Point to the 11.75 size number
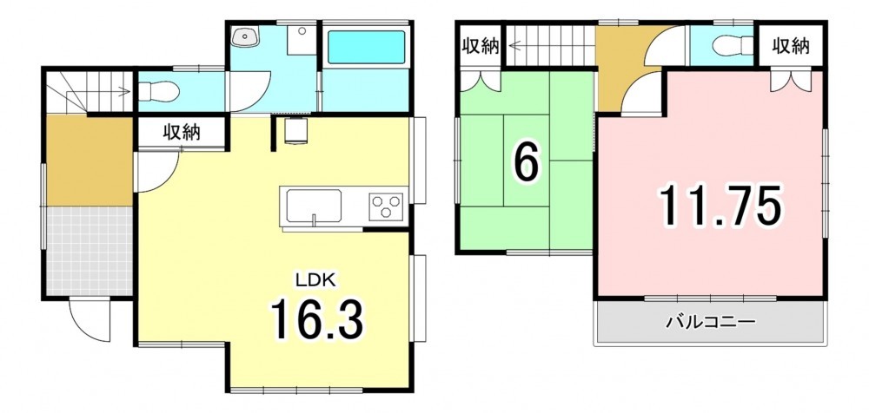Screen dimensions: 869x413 [x=720, y=206]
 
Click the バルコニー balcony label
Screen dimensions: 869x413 [x=711, y=322]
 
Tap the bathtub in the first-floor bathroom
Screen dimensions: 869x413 [x=367, y=47]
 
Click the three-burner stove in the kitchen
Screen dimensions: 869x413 [x=386, y=207]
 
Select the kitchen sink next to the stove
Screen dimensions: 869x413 [x=315, y=206]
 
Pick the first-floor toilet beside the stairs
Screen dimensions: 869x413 [x=158, y=91]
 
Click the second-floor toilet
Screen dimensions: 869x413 [x=733, y=45]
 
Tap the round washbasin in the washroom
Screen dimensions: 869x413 [x=244, y=37]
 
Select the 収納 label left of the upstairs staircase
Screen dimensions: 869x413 [x=481, y=47]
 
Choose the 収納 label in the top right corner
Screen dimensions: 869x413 [x=792, y=47]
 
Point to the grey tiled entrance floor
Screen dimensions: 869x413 [x=89, y=251]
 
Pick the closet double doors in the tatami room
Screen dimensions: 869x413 [x=480, y=82]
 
